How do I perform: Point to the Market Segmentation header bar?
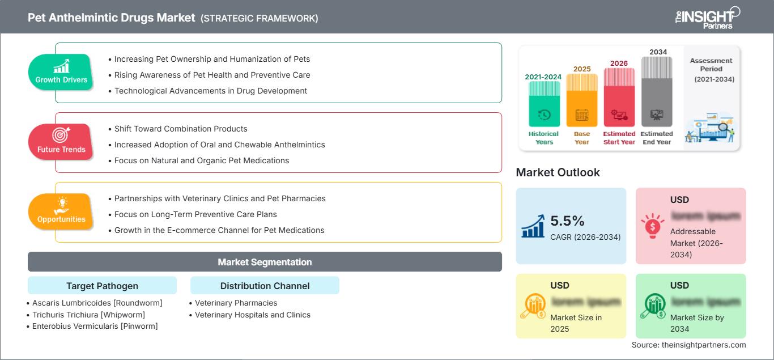(x=265, y=262)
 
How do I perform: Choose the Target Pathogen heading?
(x=102, y=286)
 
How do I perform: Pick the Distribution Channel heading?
(x=265, y=286)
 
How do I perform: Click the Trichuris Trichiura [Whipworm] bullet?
(x=88, y=315)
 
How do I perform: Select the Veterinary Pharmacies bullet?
(x=236, y=303)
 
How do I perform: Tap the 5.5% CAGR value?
(x=567, y=221)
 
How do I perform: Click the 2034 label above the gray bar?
(x=658, y=52)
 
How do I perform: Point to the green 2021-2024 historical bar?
(x=544, y=104)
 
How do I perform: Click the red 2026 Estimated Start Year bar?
(x=619, y=97)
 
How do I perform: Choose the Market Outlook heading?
(x=558, y=172)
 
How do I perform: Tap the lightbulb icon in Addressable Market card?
(x=653, y=225)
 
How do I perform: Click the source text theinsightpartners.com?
(x=688, y=345)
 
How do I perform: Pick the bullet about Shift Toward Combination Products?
(x=181, y=129)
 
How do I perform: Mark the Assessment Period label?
(x=711, y=65)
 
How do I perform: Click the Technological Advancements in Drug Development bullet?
(x=211, y=91)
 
